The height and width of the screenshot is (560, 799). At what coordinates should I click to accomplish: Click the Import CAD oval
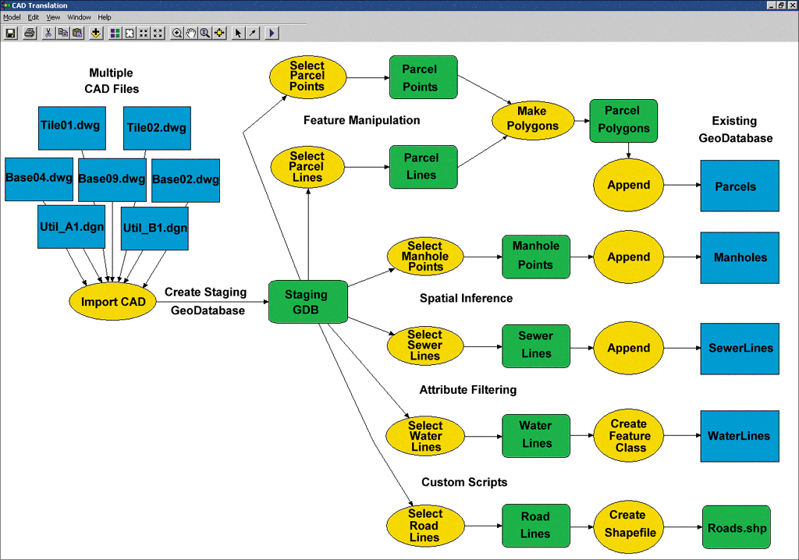click(112, 302)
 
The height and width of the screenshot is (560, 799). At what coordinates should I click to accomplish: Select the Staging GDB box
click(307, 302)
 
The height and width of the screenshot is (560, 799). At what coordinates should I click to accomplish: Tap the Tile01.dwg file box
click(72, 127)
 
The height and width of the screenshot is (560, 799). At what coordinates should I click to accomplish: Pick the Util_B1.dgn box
click(154, 229)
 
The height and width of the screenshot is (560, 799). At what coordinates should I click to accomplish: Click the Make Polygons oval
click(533, 119)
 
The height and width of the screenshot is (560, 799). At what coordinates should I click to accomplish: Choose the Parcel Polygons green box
click(623, 119)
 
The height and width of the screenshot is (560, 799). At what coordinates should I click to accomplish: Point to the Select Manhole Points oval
click(425, 256)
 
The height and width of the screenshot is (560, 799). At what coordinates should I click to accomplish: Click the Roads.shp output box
click(737, 528)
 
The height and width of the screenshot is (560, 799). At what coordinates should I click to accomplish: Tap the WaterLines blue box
click(739, 436)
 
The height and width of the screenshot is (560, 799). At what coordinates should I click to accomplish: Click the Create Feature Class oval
click(629, 436)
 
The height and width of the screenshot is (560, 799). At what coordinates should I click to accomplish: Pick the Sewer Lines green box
click(536, 345)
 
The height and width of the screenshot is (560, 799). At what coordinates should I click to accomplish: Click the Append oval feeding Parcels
click(629, 185)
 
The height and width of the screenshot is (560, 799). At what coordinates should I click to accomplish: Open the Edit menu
click(34, 17)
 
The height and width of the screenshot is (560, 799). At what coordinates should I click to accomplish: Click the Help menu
click(105, 17)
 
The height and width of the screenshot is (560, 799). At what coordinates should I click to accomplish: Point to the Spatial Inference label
click(466, 298)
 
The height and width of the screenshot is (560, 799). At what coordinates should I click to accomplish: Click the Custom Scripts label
click(464, 482)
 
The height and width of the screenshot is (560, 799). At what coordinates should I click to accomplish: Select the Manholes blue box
click(740, 257)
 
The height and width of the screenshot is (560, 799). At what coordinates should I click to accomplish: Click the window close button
click(791, 5)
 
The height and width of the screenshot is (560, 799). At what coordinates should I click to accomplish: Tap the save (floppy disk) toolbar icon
click(11, 33)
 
